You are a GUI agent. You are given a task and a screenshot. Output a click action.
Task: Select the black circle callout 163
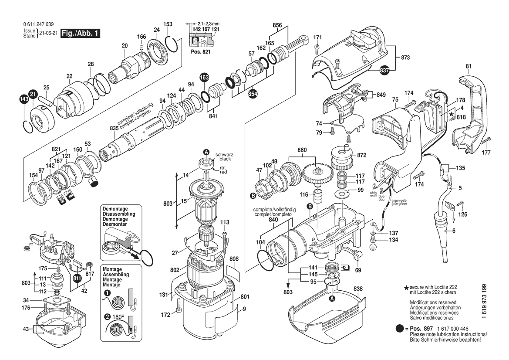[x=204, y=78]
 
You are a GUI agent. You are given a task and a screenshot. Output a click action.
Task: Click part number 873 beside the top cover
[x=405, y=58]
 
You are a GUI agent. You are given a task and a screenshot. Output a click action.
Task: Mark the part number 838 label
[x=358, y=289]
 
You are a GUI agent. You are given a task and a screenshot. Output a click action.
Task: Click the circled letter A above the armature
[x=206, y=152]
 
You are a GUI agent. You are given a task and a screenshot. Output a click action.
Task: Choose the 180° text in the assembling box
[x=118, y=317]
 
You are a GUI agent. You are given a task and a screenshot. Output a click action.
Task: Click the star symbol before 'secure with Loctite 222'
[x=406, y=288]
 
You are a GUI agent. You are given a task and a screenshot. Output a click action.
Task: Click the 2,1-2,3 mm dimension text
[x=209, y=23]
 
